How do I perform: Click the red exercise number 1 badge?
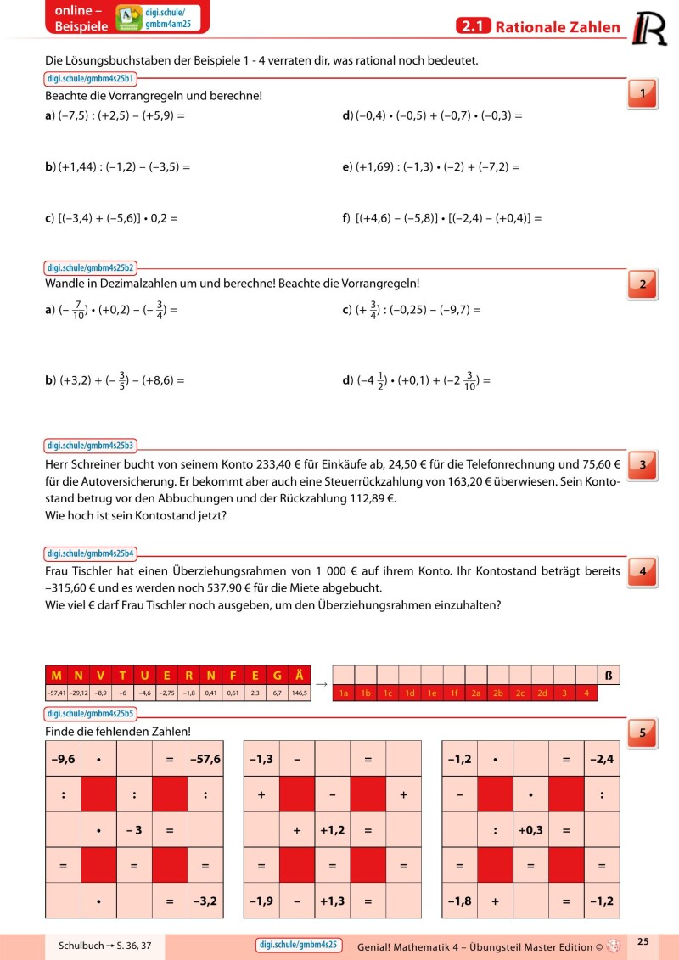[643, 93]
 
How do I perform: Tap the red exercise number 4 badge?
[643, 572]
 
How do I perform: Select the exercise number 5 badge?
[643, 733]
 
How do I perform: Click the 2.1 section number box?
[473, 27]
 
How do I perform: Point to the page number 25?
[643, 941]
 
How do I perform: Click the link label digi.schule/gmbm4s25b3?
[91, 445]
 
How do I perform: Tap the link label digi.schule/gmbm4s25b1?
[91, 79]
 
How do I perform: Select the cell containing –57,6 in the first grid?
[205, 759]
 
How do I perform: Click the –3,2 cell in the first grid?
[205, 900]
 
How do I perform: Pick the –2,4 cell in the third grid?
[602, 759]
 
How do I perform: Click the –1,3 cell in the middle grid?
[261, 759]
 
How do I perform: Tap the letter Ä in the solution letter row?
[299, 676]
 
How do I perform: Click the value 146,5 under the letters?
[299, 693]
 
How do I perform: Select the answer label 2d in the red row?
[542, 693]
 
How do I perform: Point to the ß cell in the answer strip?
[609, 676]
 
